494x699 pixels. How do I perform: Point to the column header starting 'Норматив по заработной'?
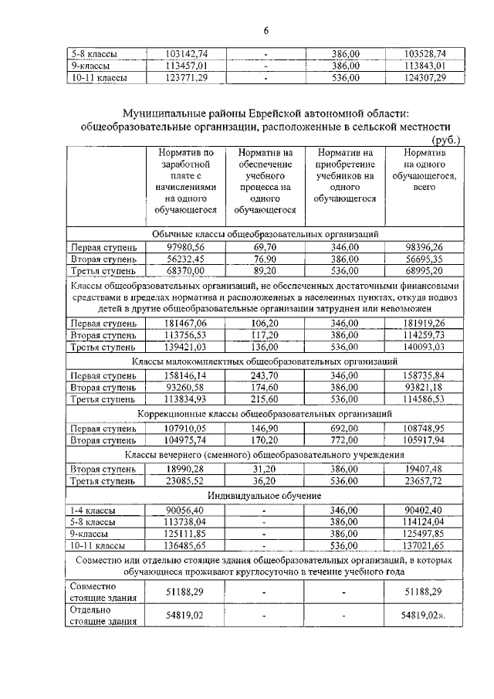187,181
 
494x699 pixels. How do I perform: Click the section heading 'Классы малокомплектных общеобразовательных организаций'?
265,361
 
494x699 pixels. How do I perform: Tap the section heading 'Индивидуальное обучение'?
265,494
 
